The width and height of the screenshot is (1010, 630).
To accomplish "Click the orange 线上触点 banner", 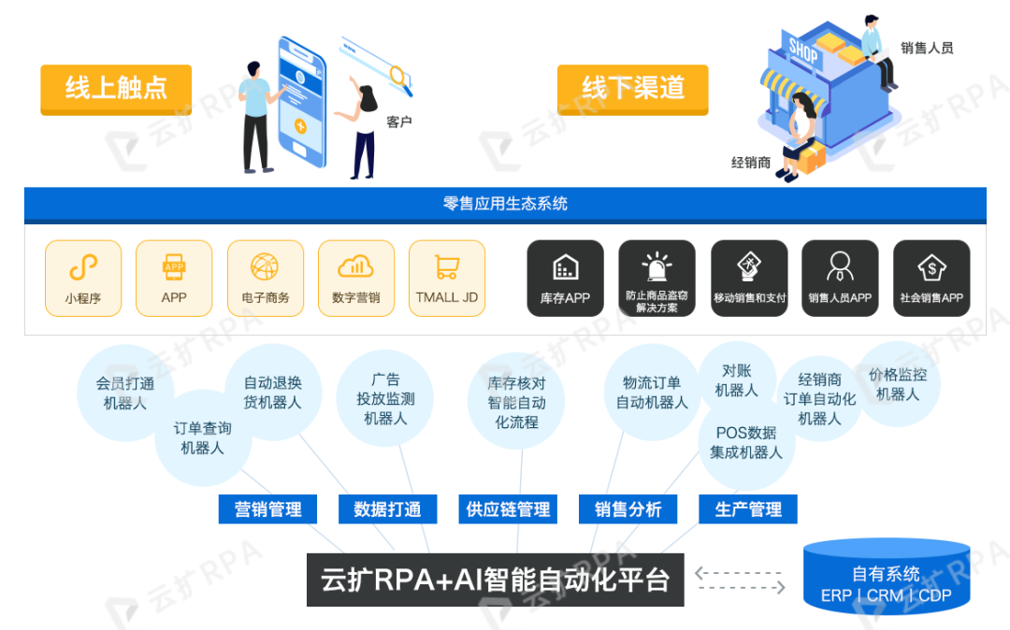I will pos(116,89).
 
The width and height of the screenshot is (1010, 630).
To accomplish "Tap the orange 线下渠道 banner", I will pos(633,89).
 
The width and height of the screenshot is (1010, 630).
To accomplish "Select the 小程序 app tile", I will pos(83,278).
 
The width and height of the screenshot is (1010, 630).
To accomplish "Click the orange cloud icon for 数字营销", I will pos(355,266).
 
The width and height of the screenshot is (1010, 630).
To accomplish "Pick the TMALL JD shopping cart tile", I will pos(447,278).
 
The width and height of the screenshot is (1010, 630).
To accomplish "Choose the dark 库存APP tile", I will pos(565,278).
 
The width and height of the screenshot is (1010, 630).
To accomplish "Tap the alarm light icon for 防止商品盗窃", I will pos(656,265).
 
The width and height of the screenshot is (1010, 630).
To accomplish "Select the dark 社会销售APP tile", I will pos(931,278).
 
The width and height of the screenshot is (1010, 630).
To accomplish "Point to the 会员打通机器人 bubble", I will pos(124,394).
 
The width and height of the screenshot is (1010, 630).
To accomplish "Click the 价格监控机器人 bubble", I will pos(898,384).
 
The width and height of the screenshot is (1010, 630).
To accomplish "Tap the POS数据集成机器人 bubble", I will pos(745,443).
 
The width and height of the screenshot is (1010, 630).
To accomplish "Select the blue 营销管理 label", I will pos(267,509).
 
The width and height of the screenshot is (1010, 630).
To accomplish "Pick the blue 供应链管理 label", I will pos(508,509).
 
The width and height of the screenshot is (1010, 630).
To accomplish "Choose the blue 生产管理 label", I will pos(748,509).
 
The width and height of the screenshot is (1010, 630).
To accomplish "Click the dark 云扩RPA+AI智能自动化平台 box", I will pos(495,580).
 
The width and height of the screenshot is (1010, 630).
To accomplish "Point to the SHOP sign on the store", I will pos(802,50).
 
